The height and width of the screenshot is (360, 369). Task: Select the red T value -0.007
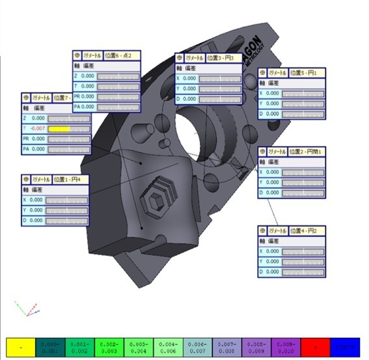click(x=37, y=129)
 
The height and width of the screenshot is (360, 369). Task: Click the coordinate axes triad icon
click(x=23, y=308)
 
